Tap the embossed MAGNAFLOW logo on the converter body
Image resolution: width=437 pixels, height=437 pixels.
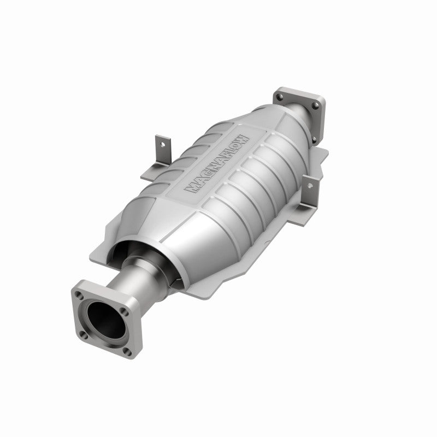pyautogui.click(x=218, y=164)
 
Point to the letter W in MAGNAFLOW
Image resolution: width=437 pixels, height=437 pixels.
pyautogui.click(x=244, y=139)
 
